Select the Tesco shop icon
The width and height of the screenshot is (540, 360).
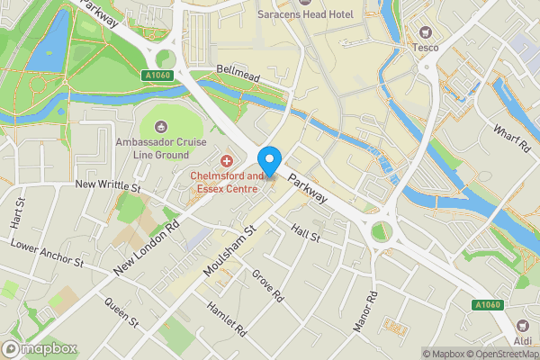click(x=425, y=30)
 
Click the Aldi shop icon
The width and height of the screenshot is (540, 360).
click(x=521, y=326)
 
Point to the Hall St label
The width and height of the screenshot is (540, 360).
click(x=307, y=236)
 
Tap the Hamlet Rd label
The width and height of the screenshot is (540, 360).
click(x=225, y=317)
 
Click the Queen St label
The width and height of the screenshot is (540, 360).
click(x=121, y=312)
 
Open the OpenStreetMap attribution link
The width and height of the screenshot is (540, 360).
click(x=501, y=353)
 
